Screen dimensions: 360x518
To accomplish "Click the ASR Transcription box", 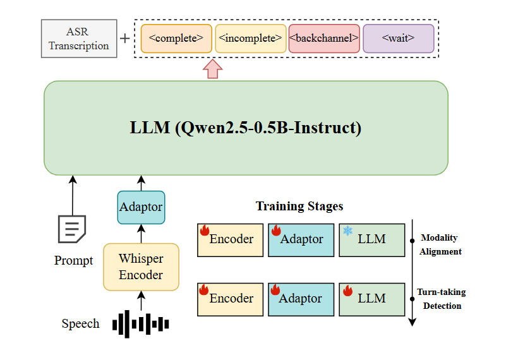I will click(79, 39).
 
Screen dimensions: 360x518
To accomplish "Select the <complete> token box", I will click(176, 39).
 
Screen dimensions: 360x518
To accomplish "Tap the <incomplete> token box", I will click(251, 39).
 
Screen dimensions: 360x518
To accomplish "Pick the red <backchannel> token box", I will click(324, 39).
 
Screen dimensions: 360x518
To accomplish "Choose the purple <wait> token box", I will click(398, 39).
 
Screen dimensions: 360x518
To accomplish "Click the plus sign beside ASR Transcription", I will click(125, 39).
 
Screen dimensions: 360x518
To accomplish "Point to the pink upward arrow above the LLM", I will click(213, 69).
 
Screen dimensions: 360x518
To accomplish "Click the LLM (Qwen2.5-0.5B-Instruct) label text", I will click(246, 128).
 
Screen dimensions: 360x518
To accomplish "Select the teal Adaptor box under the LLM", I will click(141, 207).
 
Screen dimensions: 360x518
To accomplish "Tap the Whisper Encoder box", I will click(141, 267).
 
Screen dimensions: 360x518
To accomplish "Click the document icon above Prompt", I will click(71, 229).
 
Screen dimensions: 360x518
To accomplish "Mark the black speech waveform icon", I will click(141, 323).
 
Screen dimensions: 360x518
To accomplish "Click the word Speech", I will click(80, 324).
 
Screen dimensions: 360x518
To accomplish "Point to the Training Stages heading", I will click(299, 207).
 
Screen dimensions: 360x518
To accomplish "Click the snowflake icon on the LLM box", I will click(347, 231).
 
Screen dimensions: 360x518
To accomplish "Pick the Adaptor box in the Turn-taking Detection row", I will click(299, 299).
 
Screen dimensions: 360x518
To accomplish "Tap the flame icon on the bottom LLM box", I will click(347, 291).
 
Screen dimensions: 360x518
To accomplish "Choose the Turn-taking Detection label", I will click(440, 299).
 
